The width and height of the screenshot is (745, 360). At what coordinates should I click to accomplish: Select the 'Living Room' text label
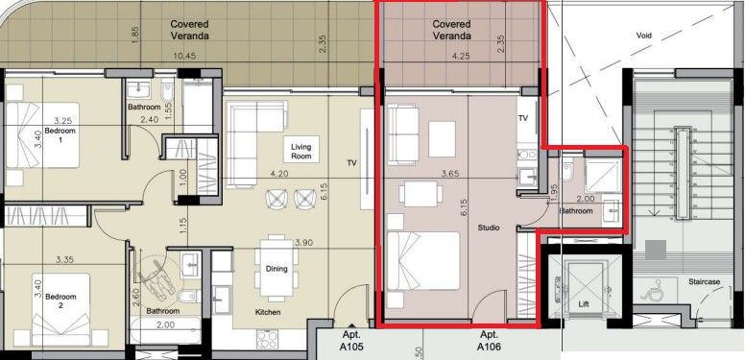point(301,151)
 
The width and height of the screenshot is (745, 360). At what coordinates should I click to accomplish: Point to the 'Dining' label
point(276,269)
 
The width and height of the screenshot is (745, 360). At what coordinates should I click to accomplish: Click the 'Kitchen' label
point(268,313)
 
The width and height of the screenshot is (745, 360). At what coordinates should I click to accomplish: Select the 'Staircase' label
point(703,282)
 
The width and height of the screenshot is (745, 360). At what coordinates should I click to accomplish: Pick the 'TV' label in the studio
point(523,117)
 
